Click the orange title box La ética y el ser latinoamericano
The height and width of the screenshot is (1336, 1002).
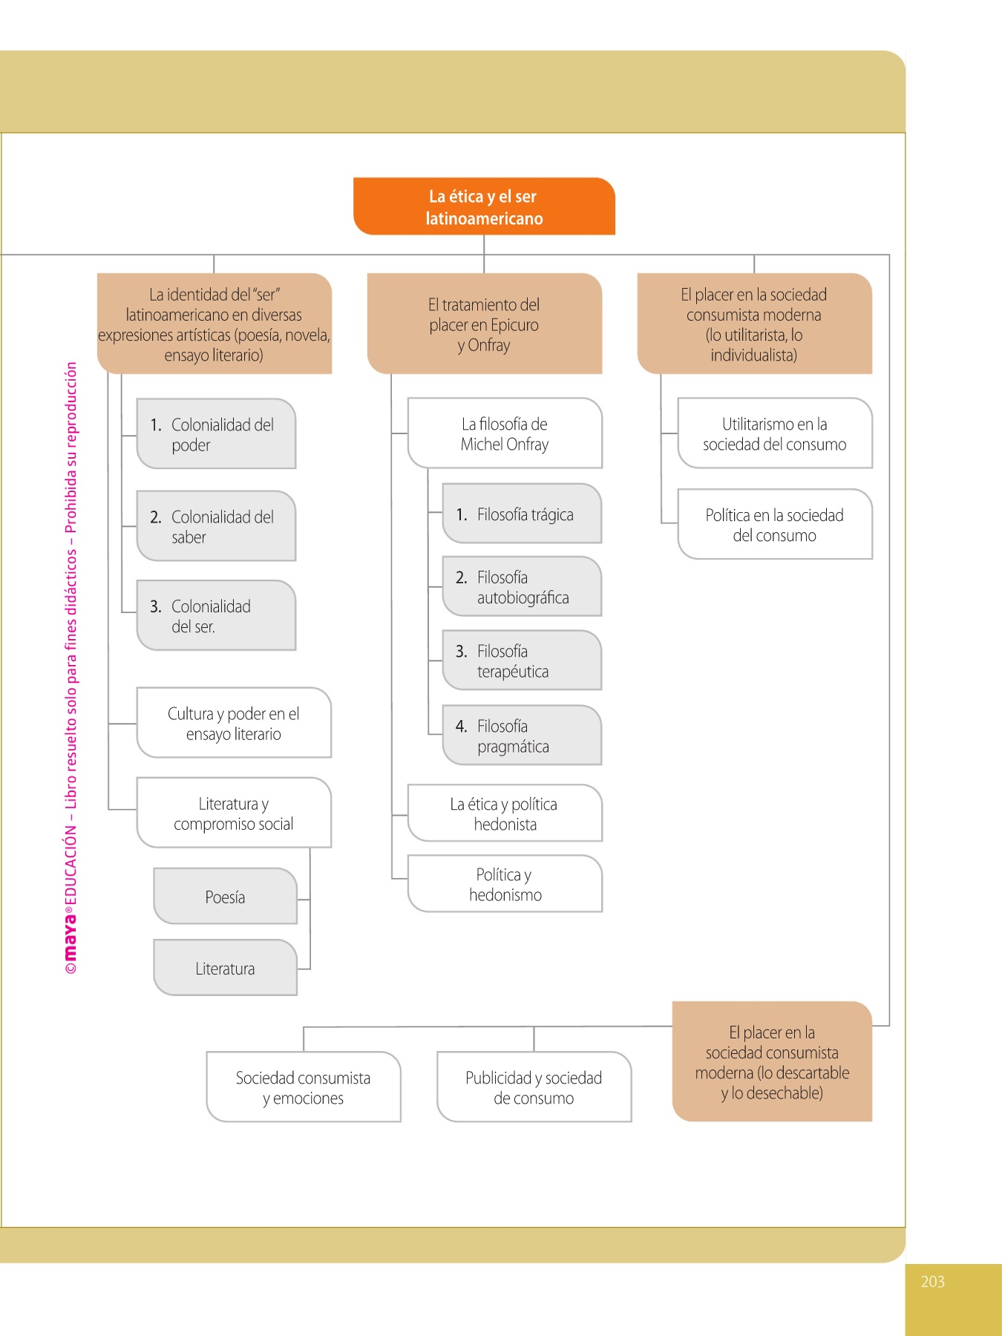pyautogui.click(x=484, y=206)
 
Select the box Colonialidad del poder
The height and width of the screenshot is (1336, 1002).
pyautogui.click(x=216, y=434)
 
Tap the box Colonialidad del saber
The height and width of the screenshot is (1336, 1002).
pyautogui.click(x=216, y=526)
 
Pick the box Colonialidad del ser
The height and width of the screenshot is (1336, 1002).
pyautogui.click(x=216, y=616)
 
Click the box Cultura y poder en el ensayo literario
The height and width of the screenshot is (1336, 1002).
pyautogui.click(x=234, y=723)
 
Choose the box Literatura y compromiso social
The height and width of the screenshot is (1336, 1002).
pyautogui.click(x=234, y=813)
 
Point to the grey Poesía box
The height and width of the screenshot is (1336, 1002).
pyautogui.click(x=225, y=897)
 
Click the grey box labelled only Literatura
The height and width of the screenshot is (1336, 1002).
pyautogui.click(x=225, y=968)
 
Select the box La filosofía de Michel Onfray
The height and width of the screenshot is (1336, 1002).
pyautogui.click(x=505, y=433)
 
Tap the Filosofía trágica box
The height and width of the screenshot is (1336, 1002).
pyautogui.click(x=522, y=514)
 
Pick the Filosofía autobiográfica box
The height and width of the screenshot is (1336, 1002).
pyautogui.click(x=522, y=587)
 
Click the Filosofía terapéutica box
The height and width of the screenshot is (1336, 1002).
pyautogui.click(x=522, y=661)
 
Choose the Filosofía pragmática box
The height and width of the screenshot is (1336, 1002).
pyautogui.click(x=522, y=736)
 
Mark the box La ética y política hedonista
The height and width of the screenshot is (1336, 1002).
pyautogui.click(x=505, y=813)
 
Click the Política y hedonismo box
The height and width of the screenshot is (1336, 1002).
pyautogui.click(x=505, y=884)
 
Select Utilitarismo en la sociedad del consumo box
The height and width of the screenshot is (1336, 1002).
pyautogui.click(x=774, y=433)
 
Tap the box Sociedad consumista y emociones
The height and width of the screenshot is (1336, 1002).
pyautogui.click(x=304, y=1087)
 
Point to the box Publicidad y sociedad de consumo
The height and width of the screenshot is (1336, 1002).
pyautogui.click(x=534, y=1087)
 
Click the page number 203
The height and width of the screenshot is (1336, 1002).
pyautogui.click(x=932, y=1281)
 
